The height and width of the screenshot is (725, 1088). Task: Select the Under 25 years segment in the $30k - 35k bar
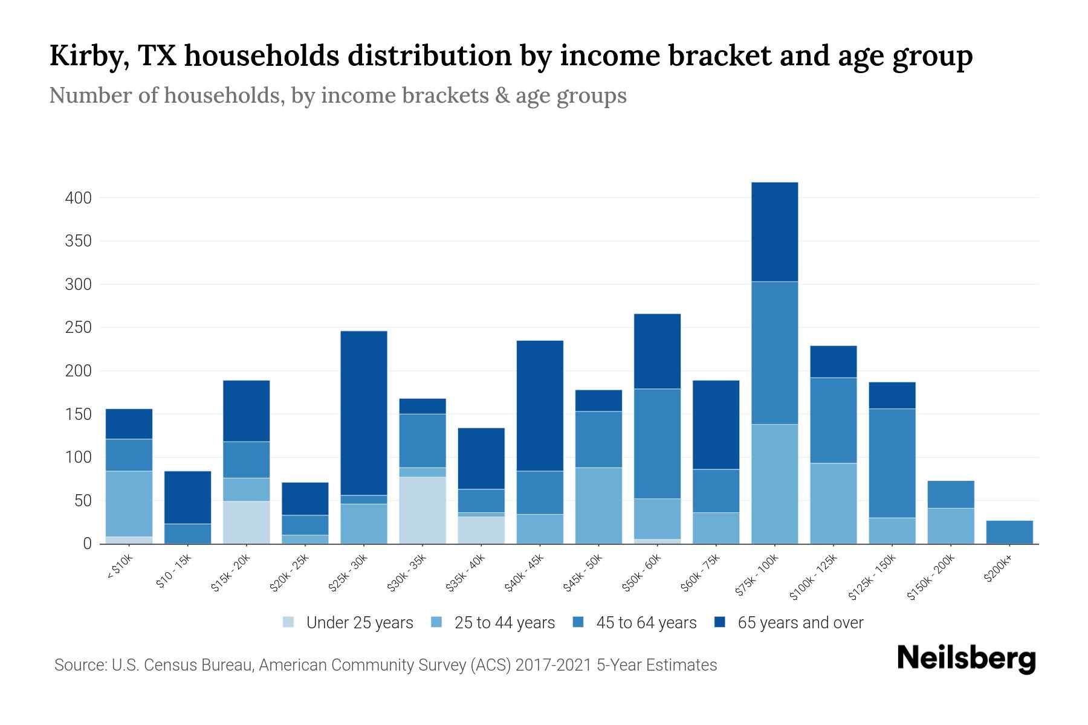click(x=423, y=510)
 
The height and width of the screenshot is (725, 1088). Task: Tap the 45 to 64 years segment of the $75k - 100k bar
click(x=774, y=353)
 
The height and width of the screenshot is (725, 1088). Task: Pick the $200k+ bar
click(x=1009, y=532)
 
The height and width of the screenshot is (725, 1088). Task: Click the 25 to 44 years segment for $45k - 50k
click(x=598, y=505)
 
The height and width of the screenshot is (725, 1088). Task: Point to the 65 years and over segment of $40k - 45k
click(x=540, y=405)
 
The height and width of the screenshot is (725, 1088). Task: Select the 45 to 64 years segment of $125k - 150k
click(x=892, y=463)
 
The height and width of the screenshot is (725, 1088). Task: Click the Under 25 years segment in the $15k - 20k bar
click(x=247, y=522)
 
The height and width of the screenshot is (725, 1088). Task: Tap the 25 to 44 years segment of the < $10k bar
click(x=129, y=503)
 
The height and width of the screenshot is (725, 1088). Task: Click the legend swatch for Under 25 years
click(x=288, y=622)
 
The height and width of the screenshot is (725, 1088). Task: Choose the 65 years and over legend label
click(x=800, y=622)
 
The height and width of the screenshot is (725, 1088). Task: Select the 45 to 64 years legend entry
click(x=646, y=622)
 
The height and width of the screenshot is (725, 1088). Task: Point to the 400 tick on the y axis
click(x=78, y=198)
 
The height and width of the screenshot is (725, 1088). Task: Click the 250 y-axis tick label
click(x=78, y=327)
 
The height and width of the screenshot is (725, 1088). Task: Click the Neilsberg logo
click(x=966, y=659)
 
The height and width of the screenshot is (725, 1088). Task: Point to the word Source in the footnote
click(x=79, y=665)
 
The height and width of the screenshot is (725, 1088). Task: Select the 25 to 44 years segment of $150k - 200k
click(x=950, y=526)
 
